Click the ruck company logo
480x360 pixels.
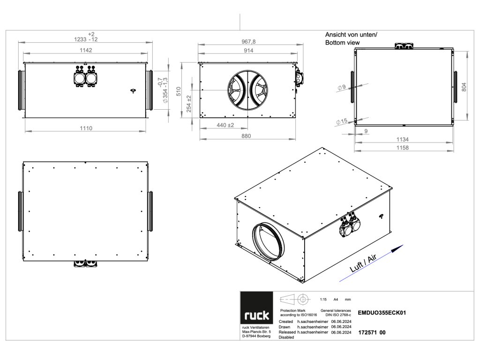coord(256,307)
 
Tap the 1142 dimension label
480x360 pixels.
coord(86,50)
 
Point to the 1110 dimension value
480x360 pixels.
coord(86,128)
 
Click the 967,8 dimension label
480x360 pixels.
coord(248,42)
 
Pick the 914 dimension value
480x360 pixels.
coord(248,51)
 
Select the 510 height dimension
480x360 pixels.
coord(179,91)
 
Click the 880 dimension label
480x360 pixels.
coord(246,136)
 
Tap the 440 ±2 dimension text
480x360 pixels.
coord(225,125)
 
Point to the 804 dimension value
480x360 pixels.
coord(464,87)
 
